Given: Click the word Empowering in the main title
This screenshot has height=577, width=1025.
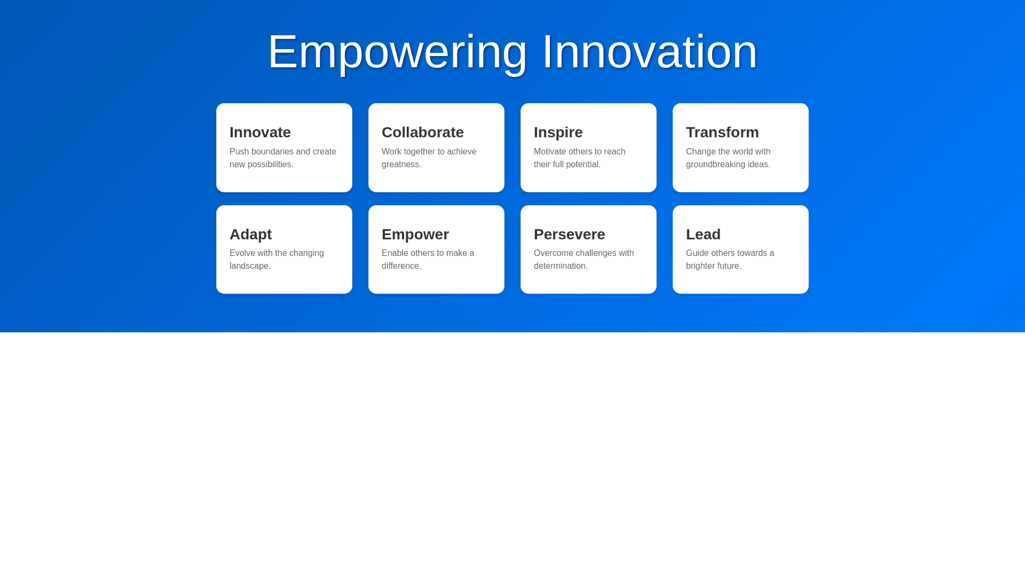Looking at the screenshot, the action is [398, 52].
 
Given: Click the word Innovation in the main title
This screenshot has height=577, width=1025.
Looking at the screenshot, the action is [650, 52].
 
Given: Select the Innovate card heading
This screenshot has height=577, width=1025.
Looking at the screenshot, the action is [260, 132].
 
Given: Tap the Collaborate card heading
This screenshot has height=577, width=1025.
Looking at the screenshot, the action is [423, 132].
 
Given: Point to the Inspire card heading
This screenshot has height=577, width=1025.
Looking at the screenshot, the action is [558, 132].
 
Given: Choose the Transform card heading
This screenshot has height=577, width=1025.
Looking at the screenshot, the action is [722, 132].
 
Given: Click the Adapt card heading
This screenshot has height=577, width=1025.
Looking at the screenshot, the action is [250, 235].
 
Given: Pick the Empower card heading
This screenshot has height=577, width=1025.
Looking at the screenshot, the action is [415, 235].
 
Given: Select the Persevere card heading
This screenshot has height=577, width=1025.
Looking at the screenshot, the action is [569, 235].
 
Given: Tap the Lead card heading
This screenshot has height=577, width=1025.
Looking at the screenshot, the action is [703, 234].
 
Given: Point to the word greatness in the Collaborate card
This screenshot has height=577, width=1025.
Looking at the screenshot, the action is [400, 165].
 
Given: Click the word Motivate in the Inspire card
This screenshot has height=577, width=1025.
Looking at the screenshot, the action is [551, 152].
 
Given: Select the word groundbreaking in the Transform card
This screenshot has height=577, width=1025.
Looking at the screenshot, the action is [719, 165].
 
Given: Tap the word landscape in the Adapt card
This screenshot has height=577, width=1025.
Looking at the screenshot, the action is [249, 267].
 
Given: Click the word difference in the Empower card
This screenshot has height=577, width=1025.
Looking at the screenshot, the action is [400, 266].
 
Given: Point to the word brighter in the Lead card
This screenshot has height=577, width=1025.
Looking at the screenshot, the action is [701, 267].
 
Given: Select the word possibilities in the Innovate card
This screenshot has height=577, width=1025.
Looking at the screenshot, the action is [269, 165].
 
